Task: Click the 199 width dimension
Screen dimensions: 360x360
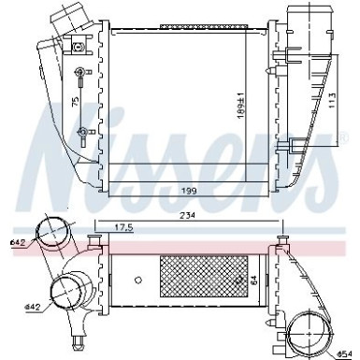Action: pyautogui.click(x=193, y=192)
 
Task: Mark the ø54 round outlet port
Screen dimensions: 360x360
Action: pyautogui.click(x=312, y=334)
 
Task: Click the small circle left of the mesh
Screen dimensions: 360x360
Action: pyautogui.click(x=137, y=279)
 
